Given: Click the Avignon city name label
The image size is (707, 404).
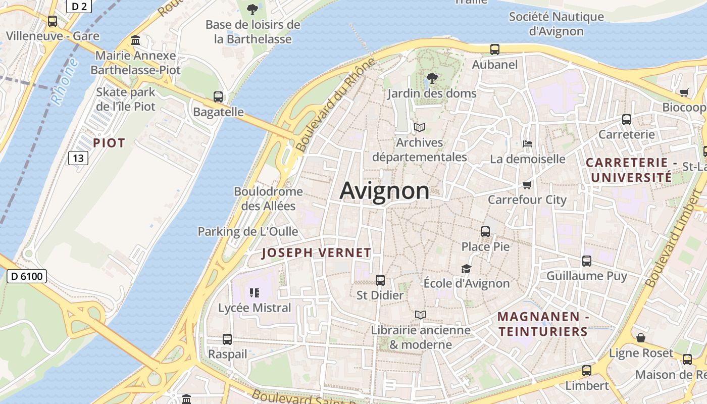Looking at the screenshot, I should click(x=384, y=191).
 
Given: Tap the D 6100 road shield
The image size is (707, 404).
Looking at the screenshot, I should click(x=27, y=276).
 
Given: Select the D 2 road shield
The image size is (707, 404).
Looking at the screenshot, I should click(x=79, y=6).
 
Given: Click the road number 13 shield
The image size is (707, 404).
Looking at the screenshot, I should click(x=78, y=158).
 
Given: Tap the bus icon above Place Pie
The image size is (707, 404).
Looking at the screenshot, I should click(x=485, y=232).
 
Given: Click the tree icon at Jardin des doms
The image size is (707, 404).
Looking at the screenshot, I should click(x=432, y=78).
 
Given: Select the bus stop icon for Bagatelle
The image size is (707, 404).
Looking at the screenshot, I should click(x=218, y=97).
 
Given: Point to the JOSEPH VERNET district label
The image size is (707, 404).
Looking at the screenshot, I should click(x=317, y=253).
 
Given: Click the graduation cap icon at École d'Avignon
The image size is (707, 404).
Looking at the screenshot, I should click(x=466, y=269).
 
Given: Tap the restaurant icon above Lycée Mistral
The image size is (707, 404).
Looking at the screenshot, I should click(x=254, y=292).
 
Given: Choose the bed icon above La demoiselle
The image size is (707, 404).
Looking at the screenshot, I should click(x=528, y=144).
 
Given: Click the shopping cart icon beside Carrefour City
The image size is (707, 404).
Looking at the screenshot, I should click(x=527, y=185).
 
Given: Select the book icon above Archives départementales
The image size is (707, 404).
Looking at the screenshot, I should click(x=420, y=127).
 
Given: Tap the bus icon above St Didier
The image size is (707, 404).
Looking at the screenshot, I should click(x=380, y=280).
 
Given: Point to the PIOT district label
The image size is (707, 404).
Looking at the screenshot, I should click(x=109, y=143).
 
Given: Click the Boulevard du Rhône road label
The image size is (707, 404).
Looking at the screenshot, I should click(x=336, y=105).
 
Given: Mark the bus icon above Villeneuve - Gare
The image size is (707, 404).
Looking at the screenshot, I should click(x=53, y=21).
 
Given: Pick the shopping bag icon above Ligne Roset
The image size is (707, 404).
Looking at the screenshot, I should click(x=641, y=338).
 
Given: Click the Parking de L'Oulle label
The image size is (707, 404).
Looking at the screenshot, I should click(x=247, y=232).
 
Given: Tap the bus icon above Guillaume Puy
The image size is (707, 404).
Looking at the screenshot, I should click(x=587, y=261).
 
